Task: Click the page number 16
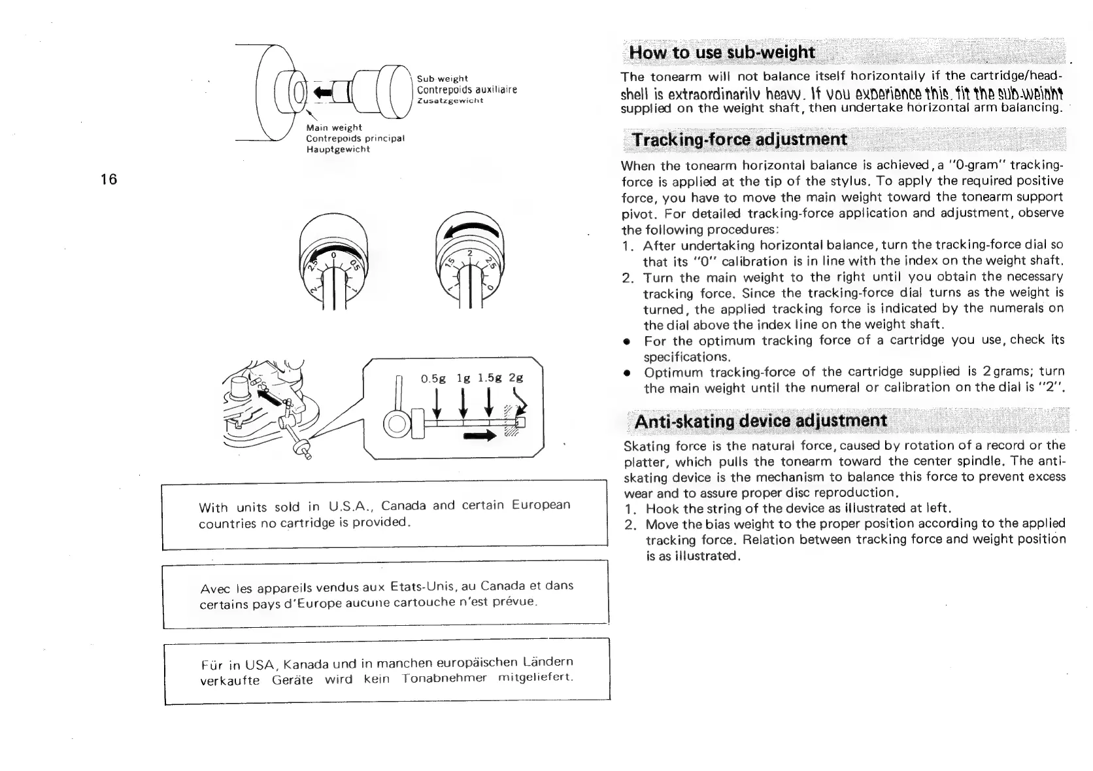coord(109,179)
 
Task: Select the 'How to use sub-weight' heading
coord(722,52)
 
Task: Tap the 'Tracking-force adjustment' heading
coord(740,139)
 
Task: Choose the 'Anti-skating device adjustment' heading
coord(761,420)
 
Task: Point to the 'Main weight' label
coord(334,128)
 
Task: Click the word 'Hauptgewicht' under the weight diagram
coord(338,149)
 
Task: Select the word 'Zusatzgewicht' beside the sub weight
coord(450,101)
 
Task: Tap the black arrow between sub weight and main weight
coord(323,90)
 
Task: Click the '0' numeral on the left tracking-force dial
coord(333,254)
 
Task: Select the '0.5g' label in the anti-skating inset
coord(433,378)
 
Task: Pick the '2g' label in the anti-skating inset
coord(516,377)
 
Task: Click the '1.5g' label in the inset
coord(489,377)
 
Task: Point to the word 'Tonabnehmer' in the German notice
coord(445,678)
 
